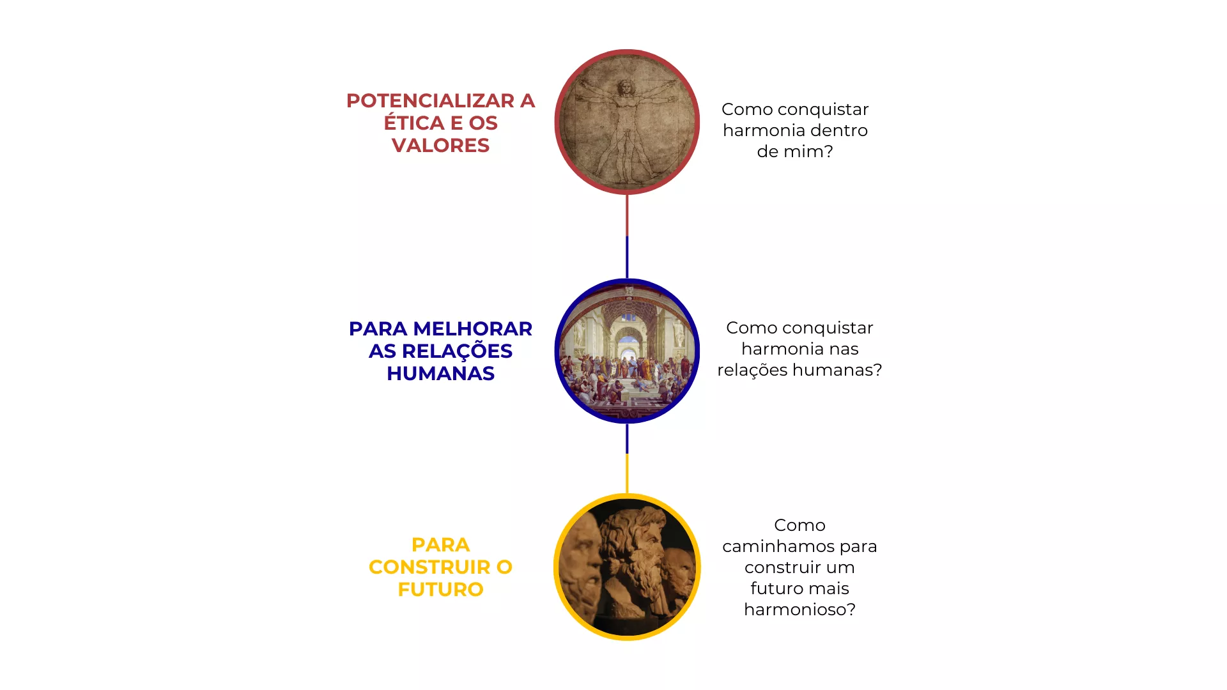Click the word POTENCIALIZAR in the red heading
(x=431, y=101)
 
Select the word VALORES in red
(x=440, y=146)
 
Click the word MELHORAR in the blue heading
(x=472, y=329)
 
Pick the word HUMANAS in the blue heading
(x=440, y=374)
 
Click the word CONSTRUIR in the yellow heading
(x=429, y=567)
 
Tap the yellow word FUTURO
(x=440, y=590)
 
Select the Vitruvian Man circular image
(x=627, y=122)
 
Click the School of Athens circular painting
(x=627, y=351)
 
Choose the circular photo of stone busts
(x=627, y=567)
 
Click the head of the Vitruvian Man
(x=625, y=88)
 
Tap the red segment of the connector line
(x=627, y=215)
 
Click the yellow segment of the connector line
(x=627, y=473)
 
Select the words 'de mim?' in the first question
(x=795, y=152)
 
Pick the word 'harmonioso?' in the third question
(x=799, y=609)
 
